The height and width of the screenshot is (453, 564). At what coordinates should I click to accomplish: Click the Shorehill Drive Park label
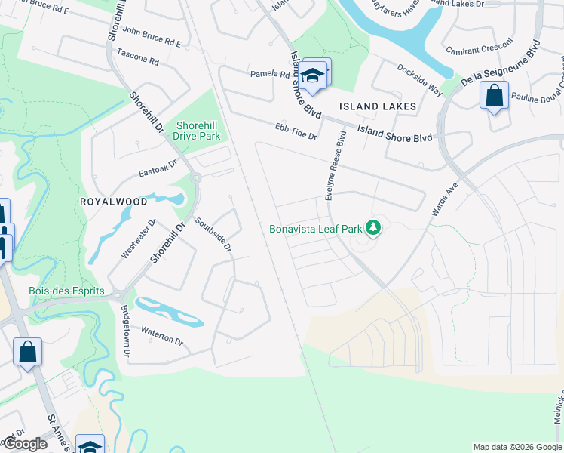pos(196,131)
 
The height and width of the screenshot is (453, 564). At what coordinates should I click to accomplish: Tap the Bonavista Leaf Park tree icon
pos(372,227)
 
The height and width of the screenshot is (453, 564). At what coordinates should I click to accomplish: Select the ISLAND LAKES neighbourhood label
pos(378,106)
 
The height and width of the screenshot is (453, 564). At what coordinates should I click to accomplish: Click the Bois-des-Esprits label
pos(60,291)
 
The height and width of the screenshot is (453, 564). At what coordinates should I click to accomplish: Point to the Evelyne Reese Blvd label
pos(336,166)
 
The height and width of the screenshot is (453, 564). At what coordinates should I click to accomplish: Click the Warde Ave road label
pos(445,198)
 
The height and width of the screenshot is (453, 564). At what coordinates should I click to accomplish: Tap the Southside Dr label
pos(213,234)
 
